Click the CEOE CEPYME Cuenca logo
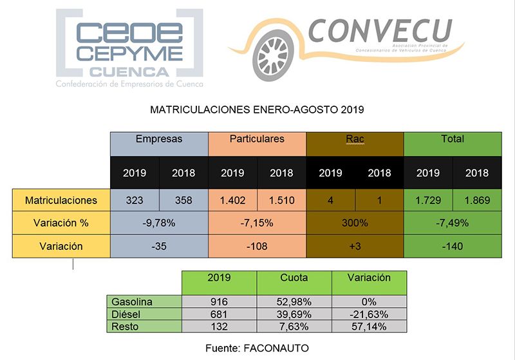[129, 48]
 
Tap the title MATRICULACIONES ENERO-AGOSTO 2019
[257, 109]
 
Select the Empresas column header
[159, 139]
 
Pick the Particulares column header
[256, 139]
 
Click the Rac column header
[355, 139]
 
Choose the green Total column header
[453, 139]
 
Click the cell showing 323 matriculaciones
[135, 200]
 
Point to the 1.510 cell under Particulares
[281, 200]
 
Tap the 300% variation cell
[355, 223]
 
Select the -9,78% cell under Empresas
[159, 223]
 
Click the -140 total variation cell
[453, 245]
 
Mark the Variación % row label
[61, 223]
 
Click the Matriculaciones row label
[61, 200]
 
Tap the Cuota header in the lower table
[294, 278]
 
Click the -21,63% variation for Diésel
[369, 314]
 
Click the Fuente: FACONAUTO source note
[257, 348]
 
